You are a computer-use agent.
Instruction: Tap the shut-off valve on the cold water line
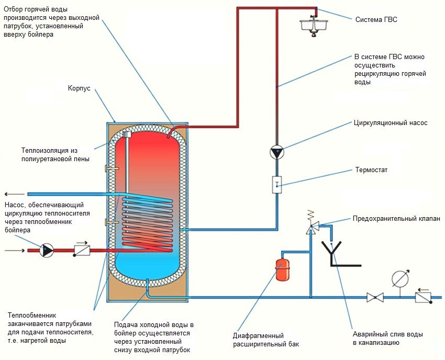[x=375, y=298]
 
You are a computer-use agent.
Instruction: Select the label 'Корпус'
[x=79, y=89]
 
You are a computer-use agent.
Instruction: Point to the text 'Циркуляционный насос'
[x=391, y=123]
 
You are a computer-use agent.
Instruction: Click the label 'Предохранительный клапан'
[x=396, y=219]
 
